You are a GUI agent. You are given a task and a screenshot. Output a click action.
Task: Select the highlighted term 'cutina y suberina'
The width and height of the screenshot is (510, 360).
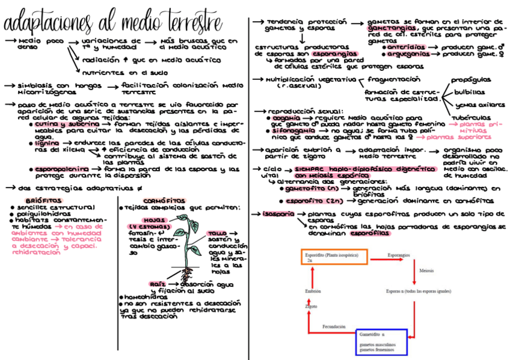58,124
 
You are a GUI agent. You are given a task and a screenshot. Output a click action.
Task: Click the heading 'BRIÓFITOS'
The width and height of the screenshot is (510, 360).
42,200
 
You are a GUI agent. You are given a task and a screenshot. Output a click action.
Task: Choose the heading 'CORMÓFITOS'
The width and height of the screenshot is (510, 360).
164,200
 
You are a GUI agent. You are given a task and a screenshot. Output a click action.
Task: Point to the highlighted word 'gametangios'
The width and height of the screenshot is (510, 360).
391,28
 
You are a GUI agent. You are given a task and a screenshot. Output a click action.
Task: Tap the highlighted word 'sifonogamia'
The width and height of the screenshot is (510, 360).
293,130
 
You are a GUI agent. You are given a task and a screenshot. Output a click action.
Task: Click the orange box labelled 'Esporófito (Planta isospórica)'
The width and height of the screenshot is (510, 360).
335,257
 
